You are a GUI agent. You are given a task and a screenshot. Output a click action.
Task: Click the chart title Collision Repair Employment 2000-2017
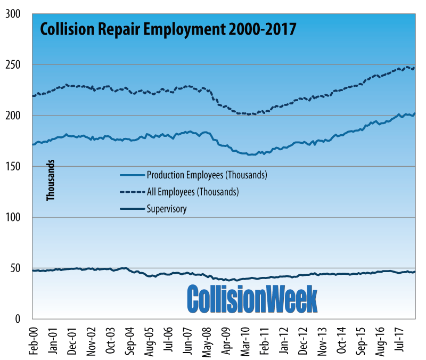click(167, 28)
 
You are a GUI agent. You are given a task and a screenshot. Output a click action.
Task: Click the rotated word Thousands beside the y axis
click(51, 182)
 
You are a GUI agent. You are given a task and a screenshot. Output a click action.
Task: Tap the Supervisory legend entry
click(166, 208)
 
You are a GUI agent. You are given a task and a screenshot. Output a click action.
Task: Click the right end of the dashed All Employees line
click(414, 68)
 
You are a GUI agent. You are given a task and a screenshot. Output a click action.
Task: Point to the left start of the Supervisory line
click(33, 271)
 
